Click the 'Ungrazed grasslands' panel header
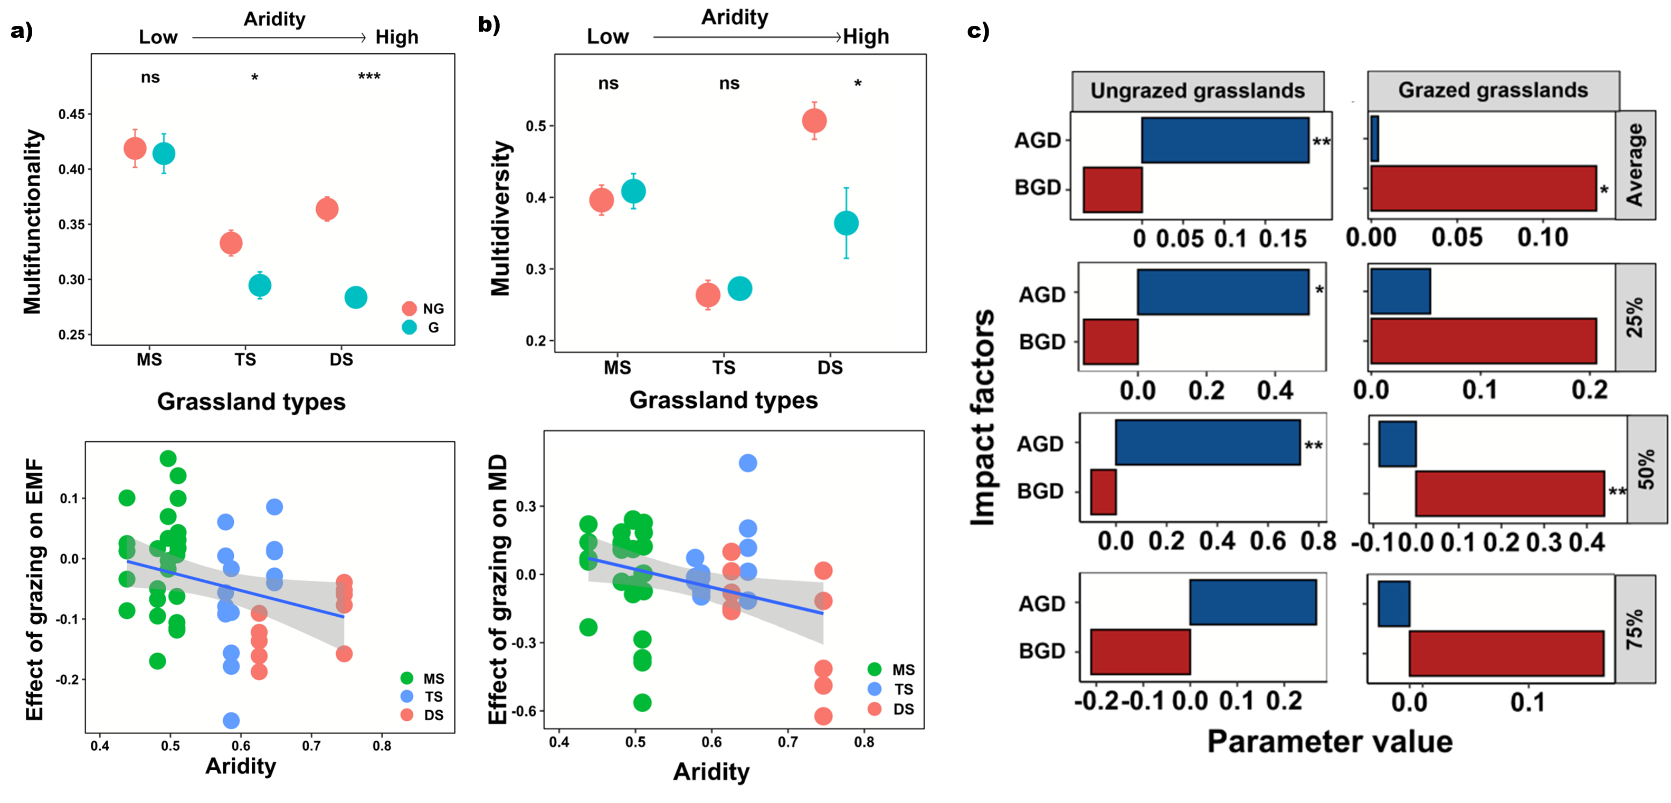click(1197, 91)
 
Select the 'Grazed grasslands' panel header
click(1493, 90)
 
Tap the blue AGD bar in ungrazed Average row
click(1224, 140)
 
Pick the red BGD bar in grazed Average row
click(1483, 188)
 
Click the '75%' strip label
click(1635, 628)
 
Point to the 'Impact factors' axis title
click(983, 417)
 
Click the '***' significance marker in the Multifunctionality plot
click(369, 77)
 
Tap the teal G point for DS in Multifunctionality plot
click(356, 298)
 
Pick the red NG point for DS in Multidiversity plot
click(814, 121)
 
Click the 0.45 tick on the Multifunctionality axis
click(71, 114)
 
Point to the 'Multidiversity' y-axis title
click(501, 218)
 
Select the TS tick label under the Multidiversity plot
click(724, 368)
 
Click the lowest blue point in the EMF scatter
click(231, 721)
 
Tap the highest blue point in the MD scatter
click(747, 463)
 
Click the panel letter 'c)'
click(977, 31)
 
